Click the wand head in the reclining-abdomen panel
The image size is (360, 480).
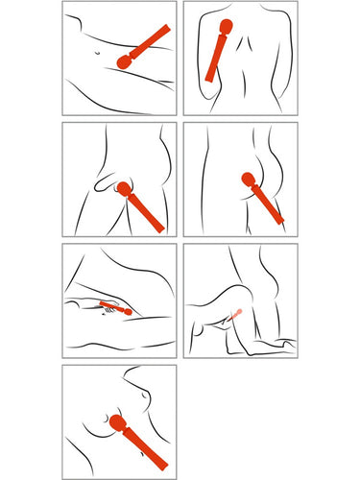(123, 61)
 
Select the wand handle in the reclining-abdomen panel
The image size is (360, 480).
(150, 40)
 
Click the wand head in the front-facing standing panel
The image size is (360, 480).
(124, 189)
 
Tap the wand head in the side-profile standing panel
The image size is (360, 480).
(246, 179)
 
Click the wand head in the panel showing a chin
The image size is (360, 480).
(118, 422)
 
